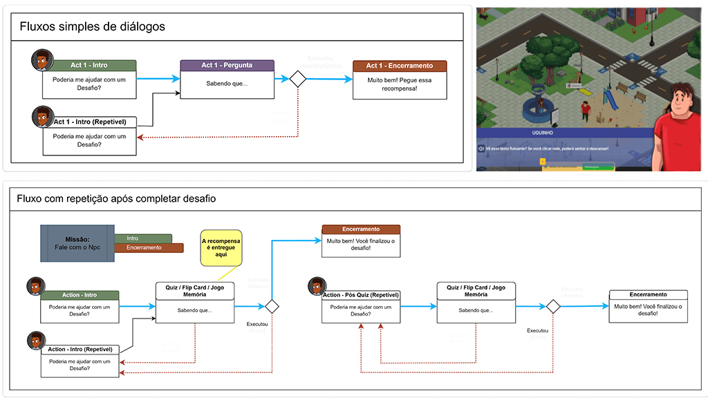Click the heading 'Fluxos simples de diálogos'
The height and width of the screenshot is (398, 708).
[x=92, y=27]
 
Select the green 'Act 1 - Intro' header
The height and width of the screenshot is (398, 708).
[x=89, y=66]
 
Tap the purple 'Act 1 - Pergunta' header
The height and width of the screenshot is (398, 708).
[x=227, y=66]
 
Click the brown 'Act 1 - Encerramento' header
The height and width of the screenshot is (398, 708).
[x=400, y=66]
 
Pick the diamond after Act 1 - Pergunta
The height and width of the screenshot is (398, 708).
[x=297, y=79]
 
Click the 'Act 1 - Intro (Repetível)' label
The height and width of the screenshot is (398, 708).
[x=90, y=122]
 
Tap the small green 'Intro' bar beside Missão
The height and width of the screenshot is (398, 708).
[x=143, y=238]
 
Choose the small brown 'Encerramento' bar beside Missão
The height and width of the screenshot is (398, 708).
[x=149, y=248]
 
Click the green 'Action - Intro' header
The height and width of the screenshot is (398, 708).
[x=80, y=296]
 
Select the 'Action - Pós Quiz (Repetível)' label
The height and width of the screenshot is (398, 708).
[x=361, y=296]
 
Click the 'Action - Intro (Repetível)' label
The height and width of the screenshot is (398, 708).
[x=80, y=350]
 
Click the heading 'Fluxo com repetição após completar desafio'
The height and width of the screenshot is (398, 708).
[x=118, y=199]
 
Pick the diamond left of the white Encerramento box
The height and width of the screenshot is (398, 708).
[x=552, y=306]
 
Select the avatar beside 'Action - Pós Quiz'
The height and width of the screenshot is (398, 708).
[x=317, y=286]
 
